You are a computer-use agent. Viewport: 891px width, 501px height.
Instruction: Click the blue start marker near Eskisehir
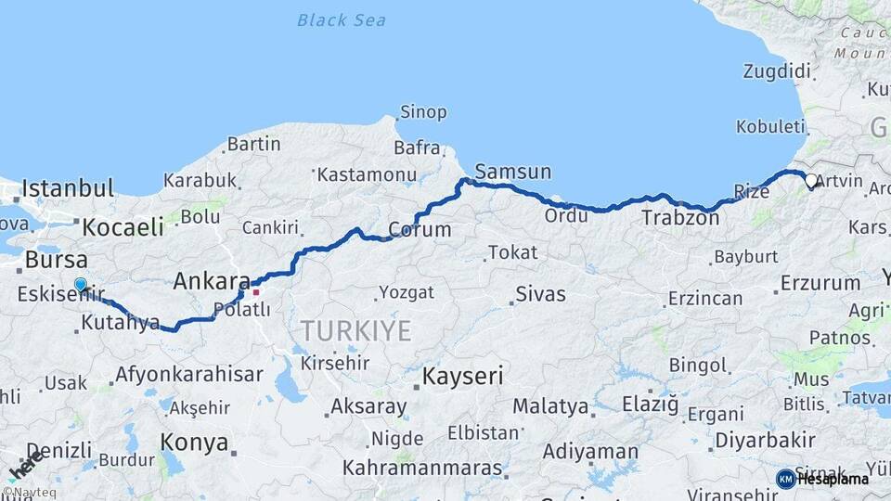tap(81, 286)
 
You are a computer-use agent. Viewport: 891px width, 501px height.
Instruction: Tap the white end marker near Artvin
tap(811, 182)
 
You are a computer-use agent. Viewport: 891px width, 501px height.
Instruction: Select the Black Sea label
tap(342, 20)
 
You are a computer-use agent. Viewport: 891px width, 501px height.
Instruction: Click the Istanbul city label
tap(67, 189)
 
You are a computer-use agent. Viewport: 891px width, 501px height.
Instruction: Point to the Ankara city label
tap(212, 280)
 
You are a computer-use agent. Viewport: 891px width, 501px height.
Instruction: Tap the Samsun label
tap(512, 172)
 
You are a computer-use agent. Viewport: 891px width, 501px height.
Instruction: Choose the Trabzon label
tap(680, 219)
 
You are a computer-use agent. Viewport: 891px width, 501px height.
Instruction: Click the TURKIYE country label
tap(355, 331)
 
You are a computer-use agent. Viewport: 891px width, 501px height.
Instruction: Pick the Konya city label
tap(194, 443)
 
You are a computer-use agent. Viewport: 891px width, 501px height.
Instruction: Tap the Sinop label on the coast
tap(422, 112)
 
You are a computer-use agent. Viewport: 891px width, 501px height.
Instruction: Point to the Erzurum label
tap(820, 282)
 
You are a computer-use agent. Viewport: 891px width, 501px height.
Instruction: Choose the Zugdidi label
tap(777, 71)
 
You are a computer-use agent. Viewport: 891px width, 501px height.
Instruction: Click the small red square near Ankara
tap(256, 292)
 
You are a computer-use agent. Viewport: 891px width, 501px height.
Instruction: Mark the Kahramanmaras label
tap(422, 469)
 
